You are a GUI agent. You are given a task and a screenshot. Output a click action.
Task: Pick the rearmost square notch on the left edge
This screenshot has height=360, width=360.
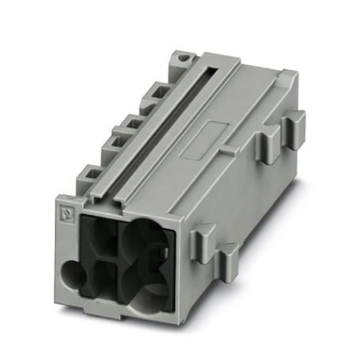167,89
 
